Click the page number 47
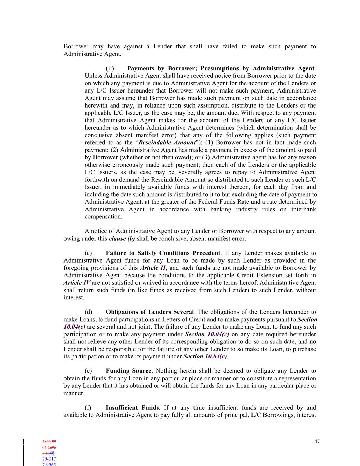click(x=317, y=441)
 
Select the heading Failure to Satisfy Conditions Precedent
click(x=163, y=253)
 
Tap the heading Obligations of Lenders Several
click(x=149, y=312)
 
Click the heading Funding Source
click(x=128, y=371)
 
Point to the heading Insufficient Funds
click(x=132, y=408)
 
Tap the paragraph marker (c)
click(x=88, y=253)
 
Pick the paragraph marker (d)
click(x=88, y=312)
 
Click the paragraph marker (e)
click(x=88, y=371)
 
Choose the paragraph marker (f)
click(x=88, y=408)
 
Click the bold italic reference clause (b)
click(x=122, y=239)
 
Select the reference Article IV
click(x=77, y=283)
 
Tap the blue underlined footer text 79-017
click(x=49, y=459)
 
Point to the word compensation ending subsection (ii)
click(x=103, y=216)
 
